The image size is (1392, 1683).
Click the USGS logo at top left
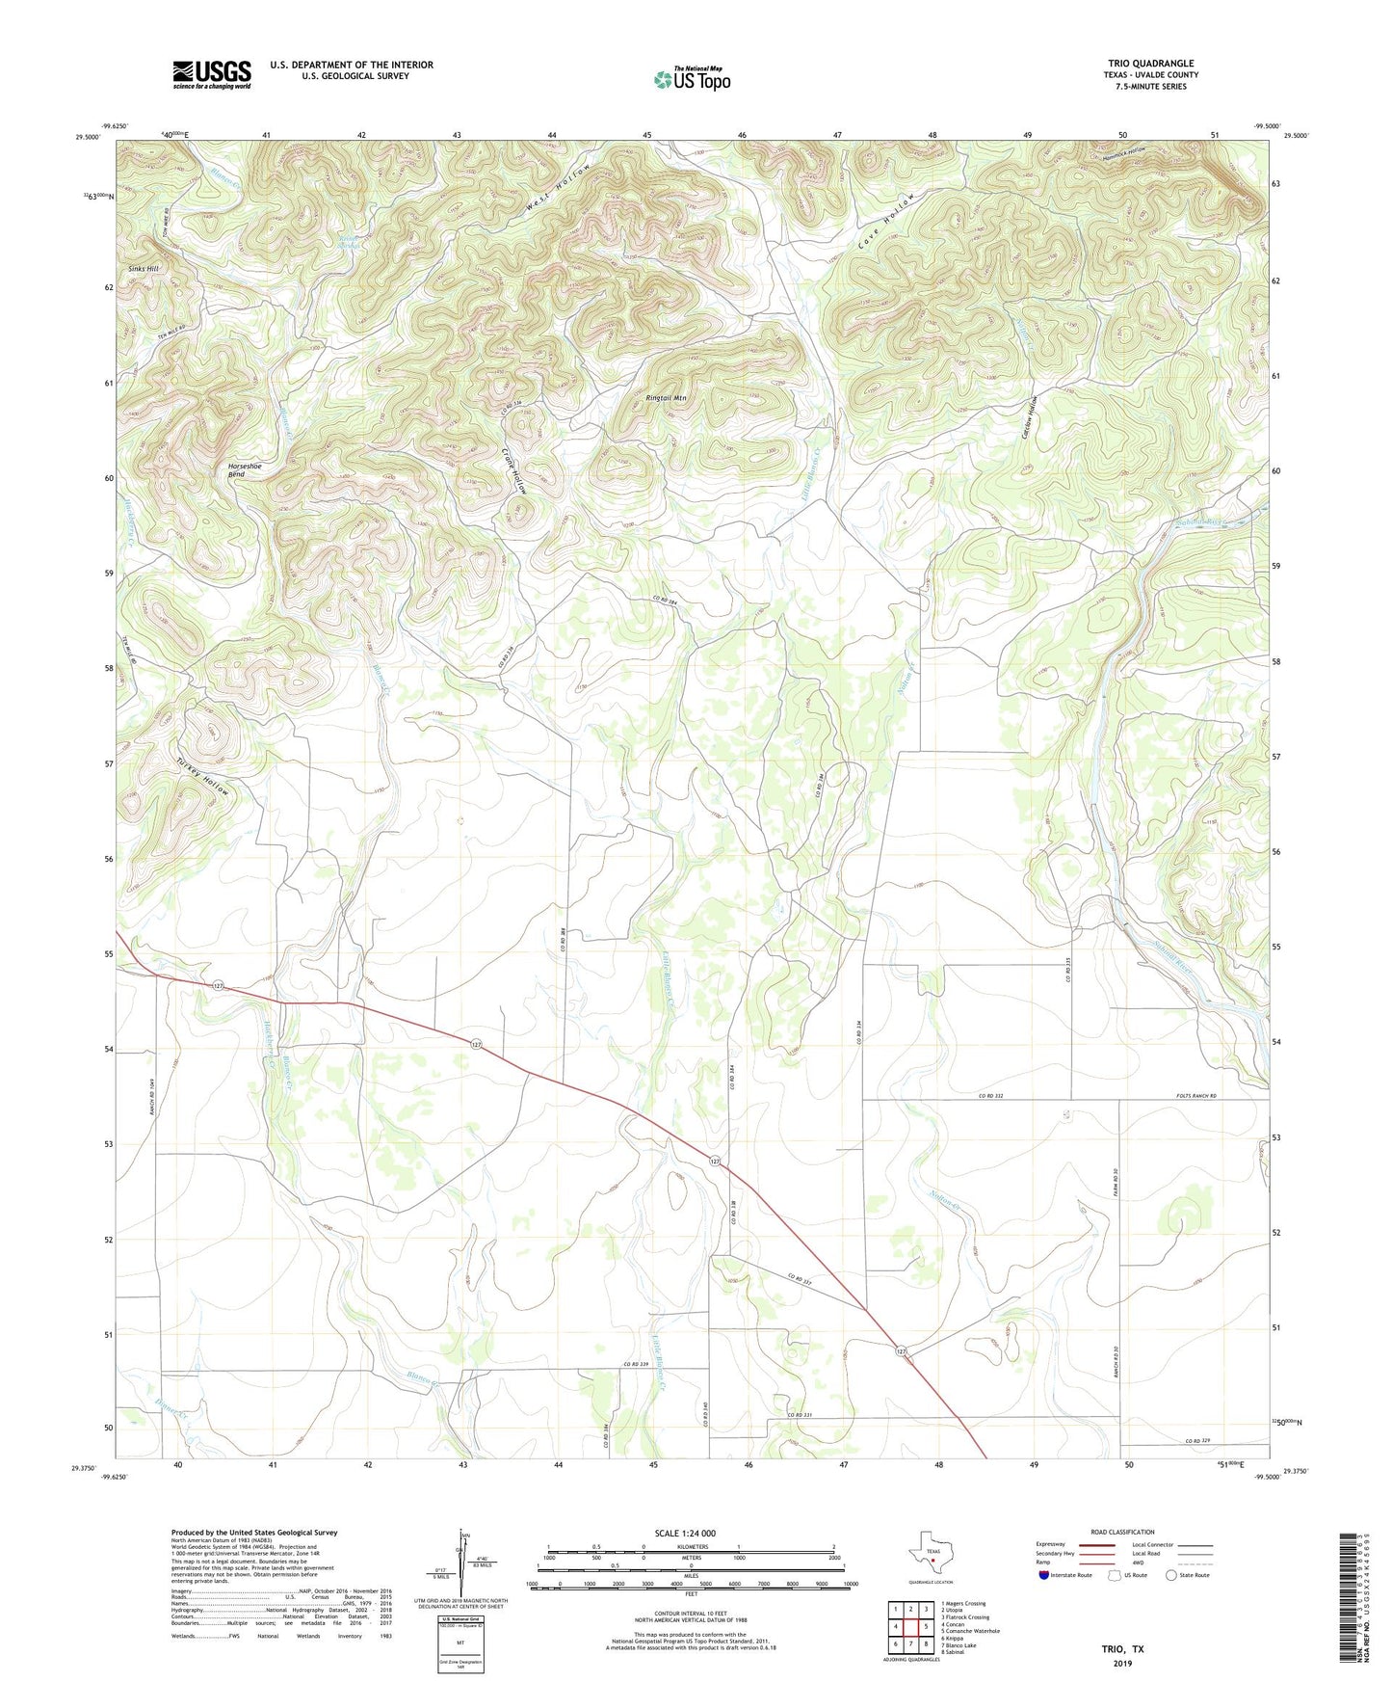[212, 74]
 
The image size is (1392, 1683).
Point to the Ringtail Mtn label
[666, 397]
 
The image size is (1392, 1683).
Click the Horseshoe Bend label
[245, 470]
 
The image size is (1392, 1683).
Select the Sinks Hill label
[144, 269]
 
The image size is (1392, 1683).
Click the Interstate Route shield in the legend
[1045, 1575]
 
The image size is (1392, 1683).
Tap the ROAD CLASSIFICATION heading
[1122, 1532]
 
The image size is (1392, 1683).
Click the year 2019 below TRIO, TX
[1122, 1663]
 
